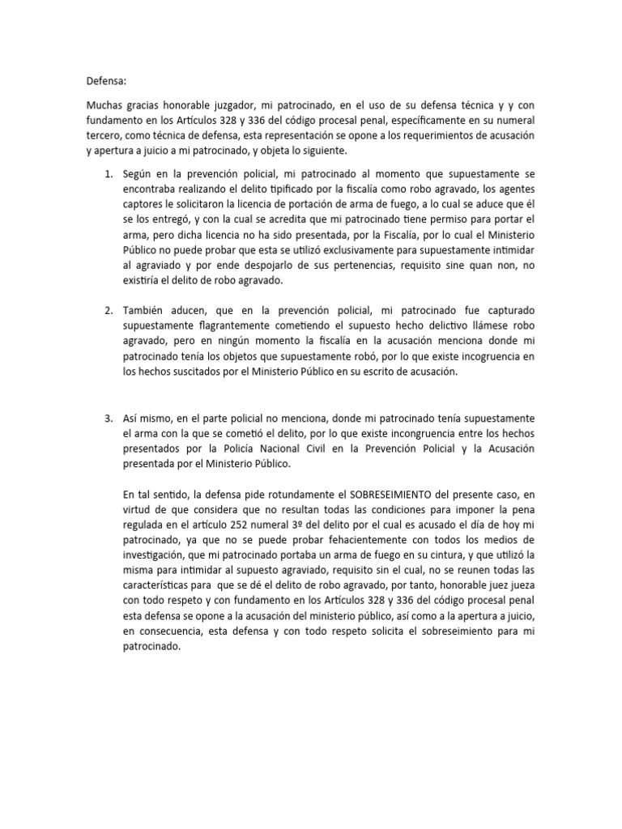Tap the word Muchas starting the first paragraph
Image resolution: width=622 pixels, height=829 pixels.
tap(107, 106)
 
